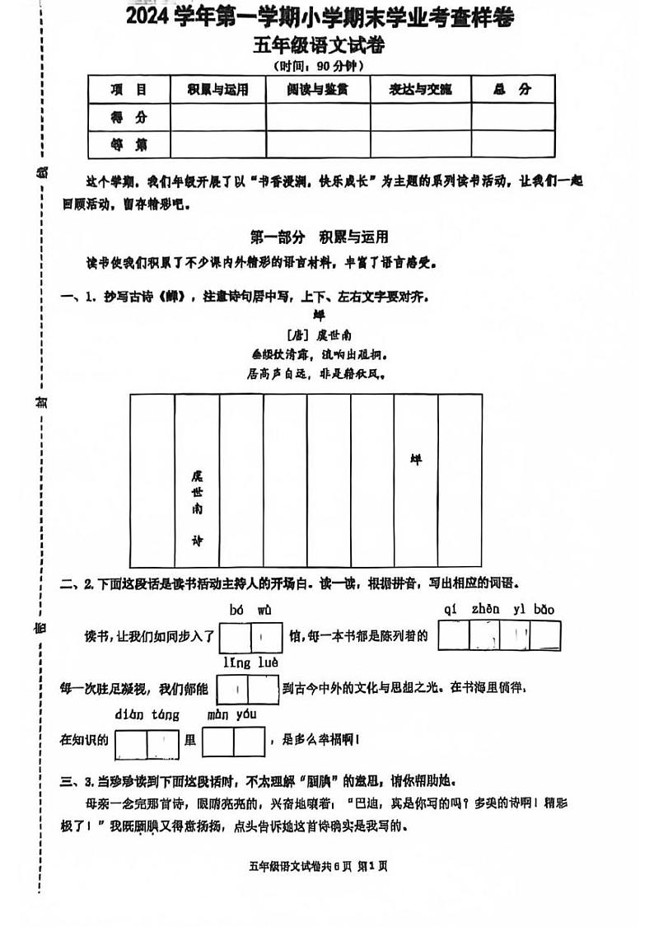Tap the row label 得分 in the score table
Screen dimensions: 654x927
click(128, 118)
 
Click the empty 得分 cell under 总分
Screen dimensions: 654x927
click(512, 118)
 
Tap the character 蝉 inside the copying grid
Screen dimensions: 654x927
click(415, 460)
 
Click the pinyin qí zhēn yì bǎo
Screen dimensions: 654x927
click(499, 610)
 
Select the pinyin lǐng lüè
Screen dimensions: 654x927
click(250, 662)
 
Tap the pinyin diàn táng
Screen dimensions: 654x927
click(147, 714)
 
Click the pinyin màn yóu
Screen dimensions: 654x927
click(231, 714)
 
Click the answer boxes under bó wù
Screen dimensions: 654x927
click(250, 637)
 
